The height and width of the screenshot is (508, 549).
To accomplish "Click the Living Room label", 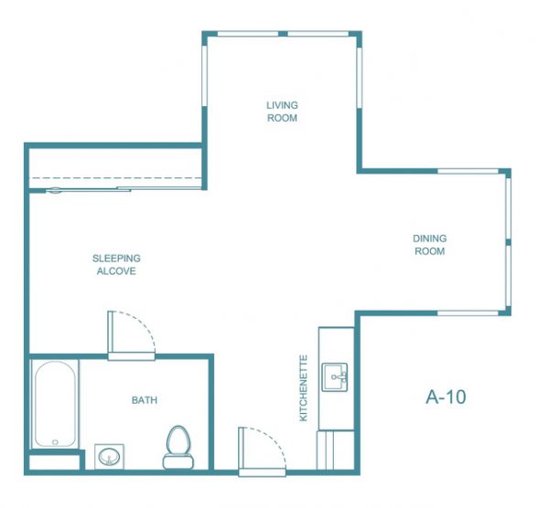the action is click(282, 111).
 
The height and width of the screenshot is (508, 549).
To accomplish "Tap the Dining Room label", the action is click(430, 245).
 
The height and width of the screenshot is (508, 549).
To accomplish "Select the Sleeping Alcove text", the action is click(116, 265).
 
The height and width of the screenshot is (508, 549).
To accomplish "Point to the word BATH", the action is click(145, 400).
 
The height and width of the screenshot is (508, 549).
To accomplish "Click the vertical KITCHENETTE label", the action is click(304, 388).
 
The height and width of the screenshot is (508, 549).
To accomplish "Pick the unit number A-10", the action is click(446, 397).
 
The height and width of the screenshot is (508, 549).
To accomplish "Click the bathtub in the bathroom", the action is click(55, 404).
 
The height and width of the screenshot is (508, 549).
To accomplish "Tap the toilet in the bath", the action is click(178, 447).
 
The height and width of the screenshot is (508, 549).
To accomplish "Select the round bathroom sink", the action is click(109, 457).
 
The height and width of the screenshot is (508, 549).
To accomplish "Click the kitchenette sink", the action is click(335, 377).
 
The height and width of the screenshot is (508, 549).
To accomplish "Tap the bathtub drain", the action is click(55, 442).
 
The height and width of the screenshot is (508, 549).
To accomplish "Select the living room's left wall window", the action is click(204, 76).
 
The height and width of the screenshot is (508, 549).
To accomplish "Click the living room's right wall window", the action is click(360, 78).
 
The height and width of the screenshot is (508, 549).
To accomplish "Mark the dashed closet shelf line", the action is click(115, 178).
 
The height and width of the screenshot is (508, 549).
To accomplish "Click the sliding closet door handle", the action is click(55, 191).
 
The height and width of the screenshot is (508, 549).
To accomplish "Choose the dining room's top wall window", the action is click(468, 172).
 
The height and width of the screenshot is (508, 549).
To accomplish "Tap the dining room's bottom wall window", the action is click(468, 313).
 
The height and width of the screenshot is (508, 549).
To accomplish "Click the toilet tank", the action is click(178, 461).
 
